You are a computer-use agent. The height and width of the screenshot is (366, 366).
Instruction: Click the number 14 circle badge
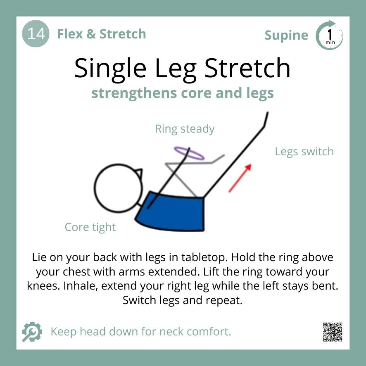click(36, 34)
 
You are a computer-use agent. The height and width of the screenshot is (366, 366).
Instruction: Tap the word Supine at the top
click(286, 36)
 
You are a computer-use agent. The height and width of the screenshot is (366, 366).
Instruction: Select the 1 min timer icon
click(329, 36)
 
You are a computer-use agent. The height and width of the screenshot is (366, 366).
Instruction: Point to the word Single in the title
click(112, 68)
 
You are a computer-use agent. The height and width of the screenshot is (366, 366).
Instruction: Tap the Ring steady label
click(185, 129)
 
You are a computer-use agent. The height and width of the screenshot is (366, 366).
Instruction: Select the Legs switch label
click(304, 152)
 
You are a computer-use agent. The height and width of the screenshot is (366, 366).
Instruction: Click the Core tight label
click(90, 227)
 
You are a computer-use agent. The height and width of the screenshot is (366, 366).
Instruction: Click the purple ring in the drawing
click(189, 153)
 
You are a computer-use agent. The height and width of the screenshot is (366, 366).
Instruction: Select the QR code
click(333, 332)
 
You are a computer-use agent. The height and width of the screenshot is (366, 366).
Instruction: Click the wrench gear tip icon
click(32, 332)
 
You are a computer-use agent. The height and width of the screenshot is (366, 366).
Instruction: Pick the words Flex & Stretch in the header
click(101, 34)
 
